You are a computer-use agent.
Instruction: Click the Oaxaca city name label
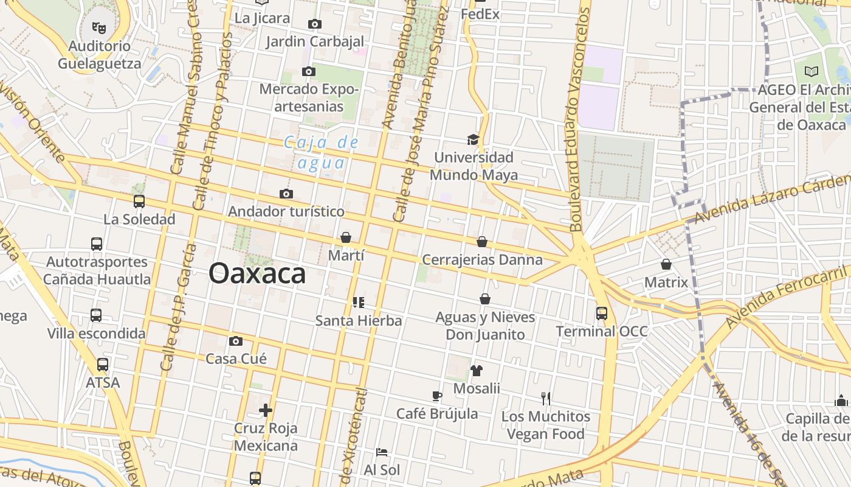[x=257, y=274]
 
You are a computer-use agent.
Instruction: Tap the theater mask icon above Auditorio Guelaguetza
[x=98, y=27]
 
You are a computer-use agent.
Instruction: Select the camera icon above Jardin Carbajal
[x=315, y=24]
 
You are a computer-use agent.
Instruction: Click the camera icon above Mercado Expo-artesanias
[x=309, y=72]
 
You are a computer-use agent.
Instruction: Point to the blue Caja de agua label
[x=321, y=152]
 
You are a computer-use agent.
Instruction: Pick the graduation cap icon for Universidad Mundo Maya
[x=474, y=140]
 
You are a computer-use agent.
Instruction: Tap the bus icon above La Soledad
[x=139, y=201]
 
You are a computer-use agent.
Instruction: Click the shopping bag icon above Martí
[x=346, y=237]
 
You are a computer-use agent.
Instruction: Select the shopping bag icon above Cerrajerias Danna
[x=482, y=242]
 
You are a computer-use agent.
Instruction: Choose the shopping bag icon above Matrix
[x=666, y=264]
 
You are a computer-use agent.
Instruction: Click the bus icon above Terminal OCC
[x=602, y=314]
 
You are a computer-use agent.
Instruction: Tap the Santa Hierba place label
[x=359, y=320]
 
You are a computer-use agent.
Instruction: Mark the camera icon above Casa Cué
[x=236, y=341]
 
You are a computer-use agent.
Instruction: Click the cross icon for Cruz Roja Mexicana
[x=266, y=410]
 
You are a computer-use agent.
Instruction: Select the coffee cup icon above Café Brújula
[x=437, y=396]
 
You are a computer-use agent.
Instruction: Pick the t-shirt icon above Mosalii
[x=477, y=370]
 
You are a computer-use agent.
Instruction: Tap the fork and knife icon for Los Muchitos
[x=546, y=399]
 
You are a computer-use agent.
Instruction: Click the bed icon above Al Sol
[x=382, y=452]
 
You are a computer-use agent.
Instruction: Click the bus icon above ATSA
[x=103, y=365]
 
